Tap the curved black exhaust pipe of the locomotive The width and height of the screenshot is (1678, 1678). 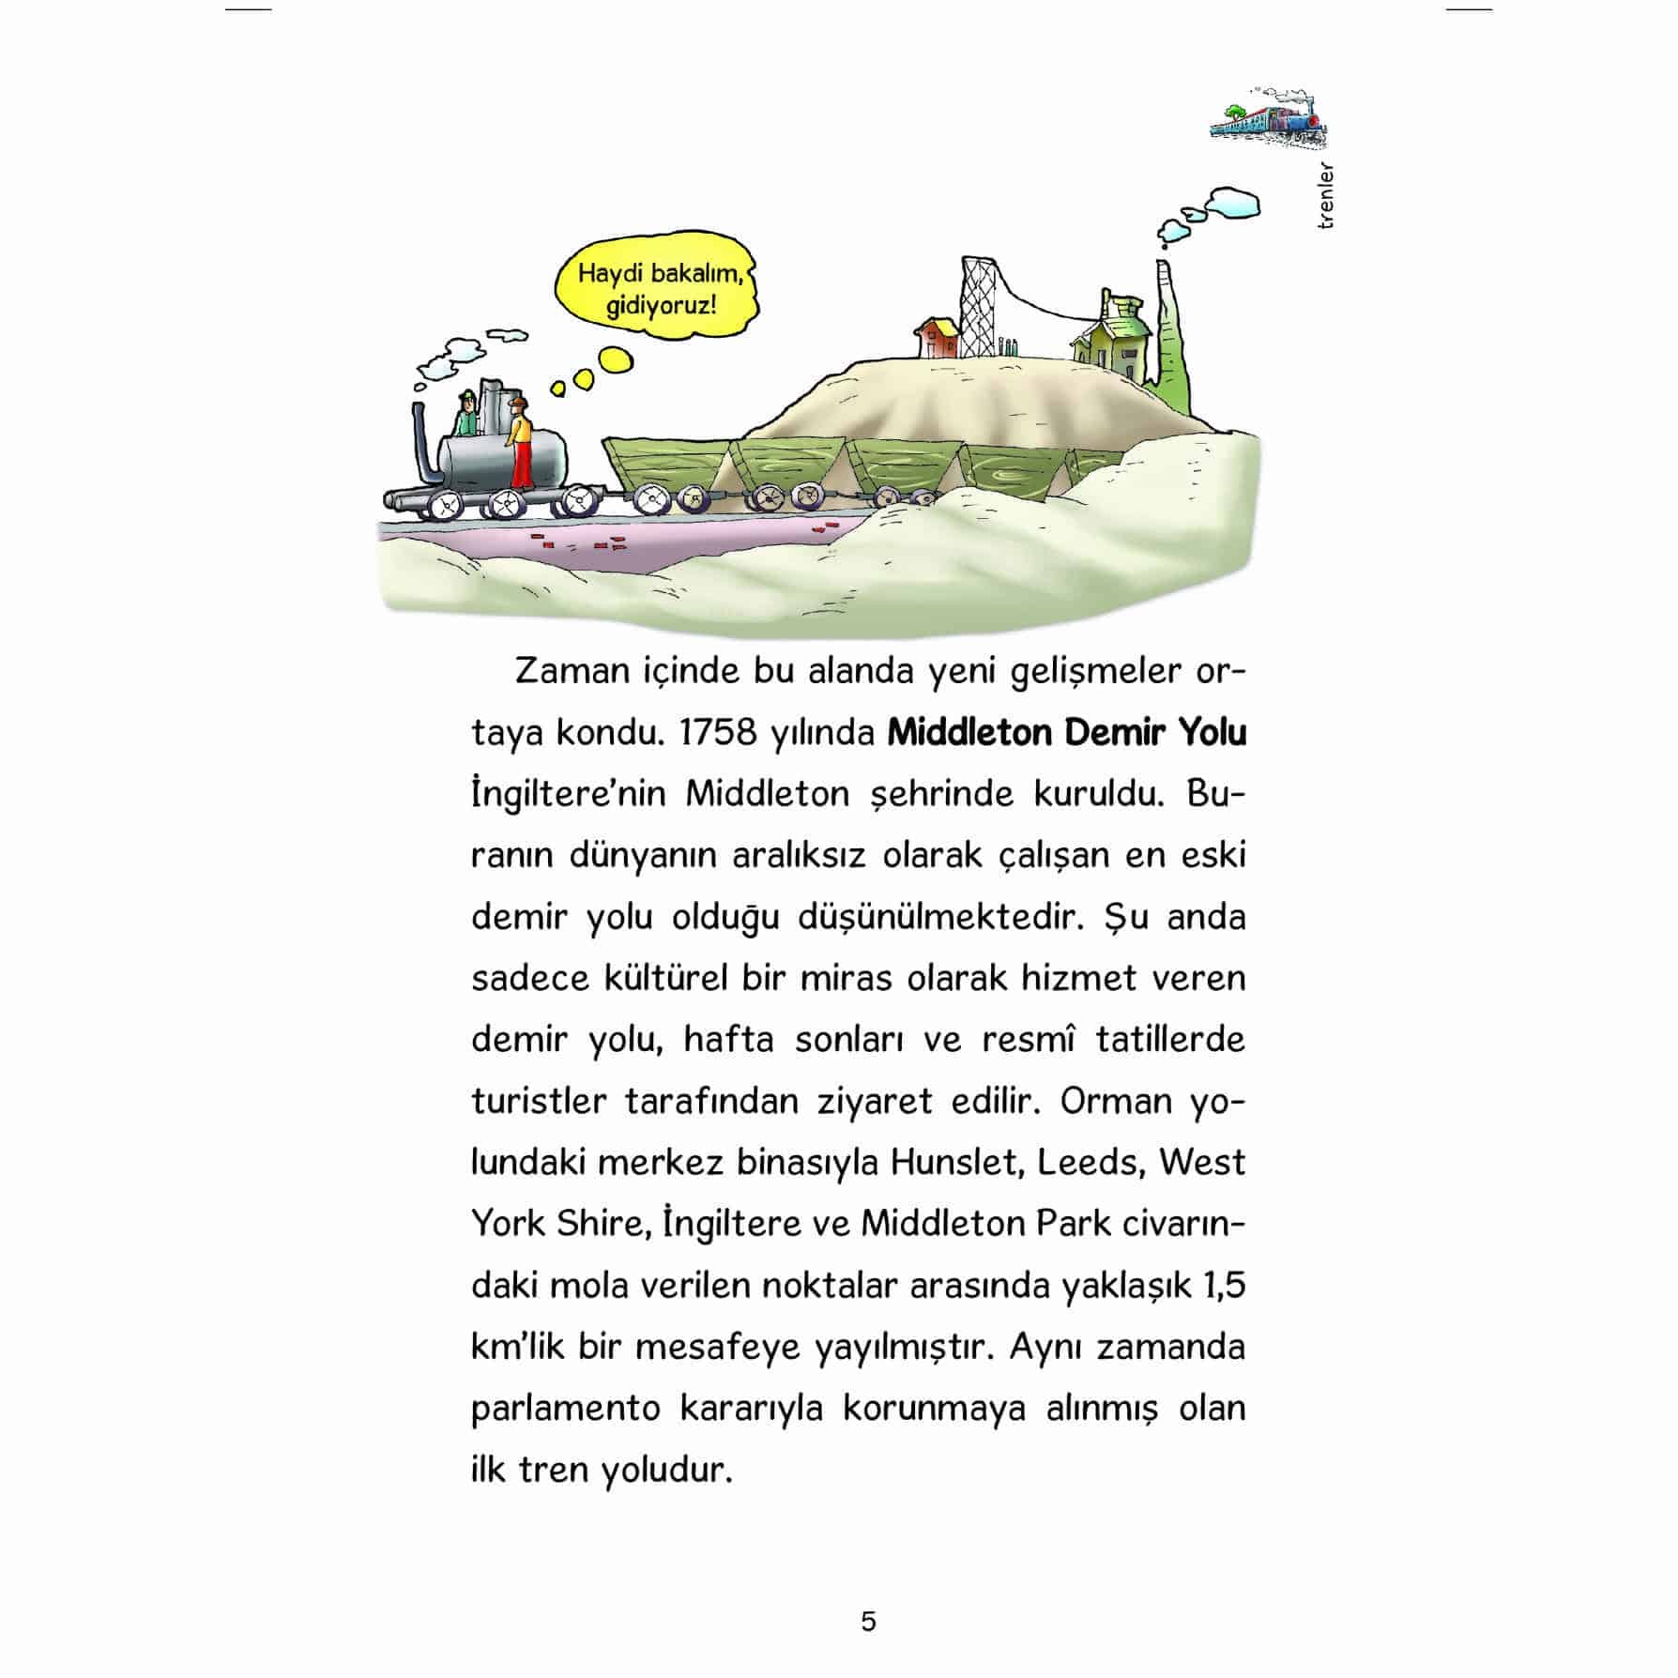(x=421, y=450)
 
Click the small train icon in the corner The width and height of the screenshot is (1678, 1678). (x=1269, y=120)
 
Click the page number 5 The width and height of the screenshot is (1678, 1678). (x=868, y=1622)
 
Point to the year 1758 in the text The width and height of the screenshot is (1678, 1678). (x=717, y=733)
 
